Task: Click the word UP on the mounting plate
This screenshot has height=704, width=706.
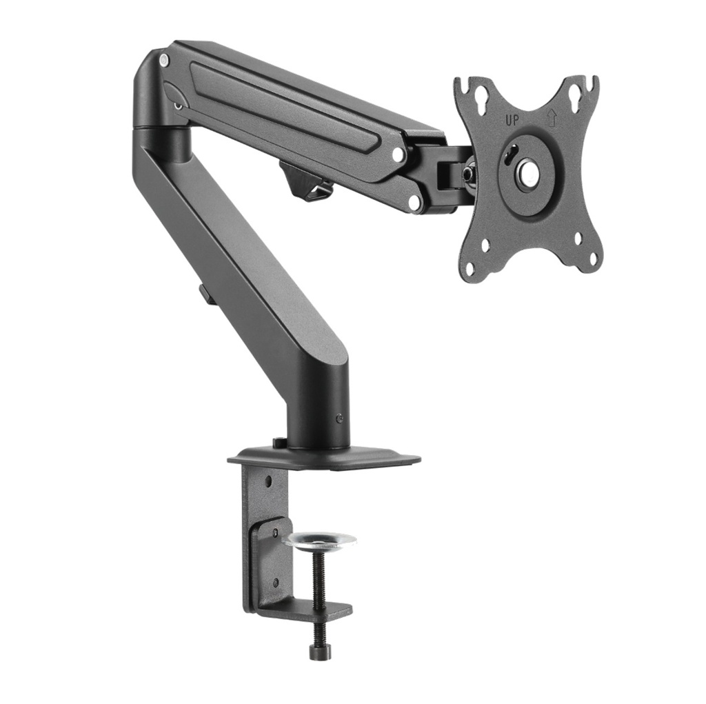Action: (512, 120)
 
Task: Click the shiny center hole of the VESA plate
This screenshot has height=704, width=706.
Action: (529, 172)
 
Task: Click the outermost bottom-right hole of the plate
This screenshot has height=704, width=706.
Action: (592, 260)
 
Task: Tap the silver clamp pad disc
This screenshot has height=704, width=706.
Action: (319, 540)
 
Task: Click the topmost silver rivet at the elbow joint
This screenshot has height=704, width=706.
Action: (163, 61)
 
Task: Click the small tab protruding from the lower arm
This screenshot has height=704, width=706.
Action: (205, 294)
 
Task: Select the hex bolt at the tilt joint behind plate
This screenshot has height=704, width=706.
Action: (468, 174)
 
